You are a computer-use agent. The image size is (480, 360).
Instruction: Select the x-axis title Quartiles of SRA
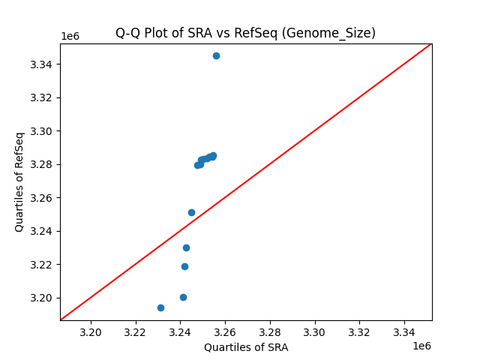click(x=246, y=347)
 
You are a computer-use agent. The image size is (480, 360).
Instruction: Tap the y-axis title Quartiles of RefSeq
click(x=19, y=181)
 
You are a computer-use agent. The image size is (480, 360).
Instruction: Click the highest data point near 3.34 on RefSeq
click(x=216, y=55)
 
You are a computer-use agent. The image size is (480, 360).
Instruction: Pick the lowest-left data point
click(x=160, y=307)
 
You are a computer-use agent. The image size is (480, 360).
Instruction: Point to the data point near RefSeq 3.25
click(x=191, y=212)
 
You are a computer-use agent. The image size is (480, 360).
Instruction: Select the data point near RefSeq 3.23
click(x=186, y=247)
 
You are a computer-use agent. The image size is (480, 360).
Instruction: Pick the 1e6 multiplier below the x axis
click(x=421, y=346)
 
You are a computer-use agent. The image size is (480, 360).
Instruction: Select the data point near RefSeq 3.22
click(x=184, y=266)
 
